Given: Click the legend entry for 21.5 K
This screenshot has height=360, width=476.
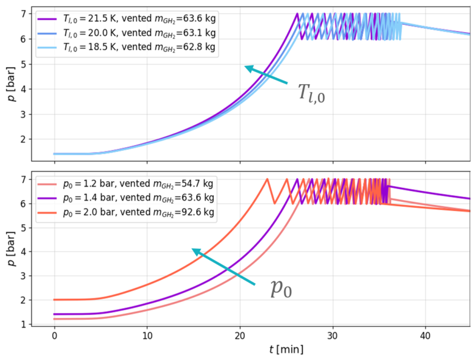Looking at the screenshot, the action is coord(127,19).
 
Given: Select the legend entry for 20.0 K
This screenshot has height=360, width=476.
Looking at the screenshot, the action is coord(127,33).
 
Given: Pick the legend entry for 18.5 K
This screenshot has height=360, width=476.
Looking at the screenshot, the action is coord(127,47).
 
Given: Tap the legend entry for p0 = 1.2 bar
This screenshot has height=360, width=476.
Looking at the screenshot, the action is coord(126,184).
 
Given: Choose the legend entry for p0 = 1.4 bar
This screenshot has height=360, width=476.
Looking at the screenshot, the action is coord(126,198).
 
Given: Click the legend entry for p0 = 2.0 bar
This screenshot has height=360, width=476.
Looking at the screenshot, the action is coord(126,212).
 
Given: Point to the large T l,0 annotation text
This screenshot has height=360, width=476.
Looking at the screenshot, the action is coord(311,93).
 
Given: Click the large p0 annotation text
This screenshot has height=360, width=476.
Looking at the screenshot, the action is coord(281,288).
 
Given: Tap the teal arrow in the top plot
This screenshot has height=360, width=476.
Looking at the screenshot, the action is coord(266,75).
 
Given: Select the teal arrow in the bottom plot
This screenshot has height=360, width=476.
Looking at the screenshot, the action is coord(223,267).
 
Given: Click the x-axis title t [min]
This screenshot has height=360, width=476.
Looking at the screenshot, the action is coord(286,349).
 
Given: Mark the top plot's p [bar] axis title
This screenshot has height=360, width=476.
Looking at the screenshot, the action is coord(12,84).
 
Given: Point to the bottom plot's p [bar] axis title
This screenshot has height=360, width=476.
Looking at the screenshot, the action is coord(12,249).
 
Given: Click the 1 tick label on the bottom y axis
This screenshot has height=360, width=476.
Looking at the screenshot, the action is coord(24,324).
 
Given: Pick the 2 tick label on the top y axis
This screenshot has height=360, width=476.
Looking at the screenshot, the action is coord(24,139).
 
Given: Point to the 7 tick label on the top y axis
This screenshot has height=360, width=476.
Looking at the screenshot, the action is coord(24,14).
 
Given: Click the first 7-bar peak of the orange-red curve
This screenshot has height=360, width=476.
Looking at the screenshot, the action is coord(267,179).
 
